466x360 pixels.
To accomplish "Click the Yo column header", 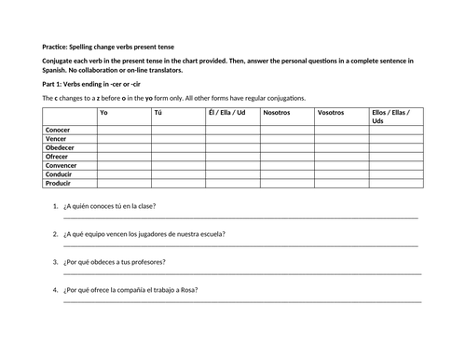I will (x=103, y=112).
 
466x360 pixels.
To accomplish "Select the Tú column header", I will (x=158, y=112).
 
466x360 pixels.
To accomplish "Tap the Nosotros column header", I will (x=277, y=112).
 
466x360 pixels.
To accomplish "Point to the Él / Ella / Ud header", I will (x=227, y=112).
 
